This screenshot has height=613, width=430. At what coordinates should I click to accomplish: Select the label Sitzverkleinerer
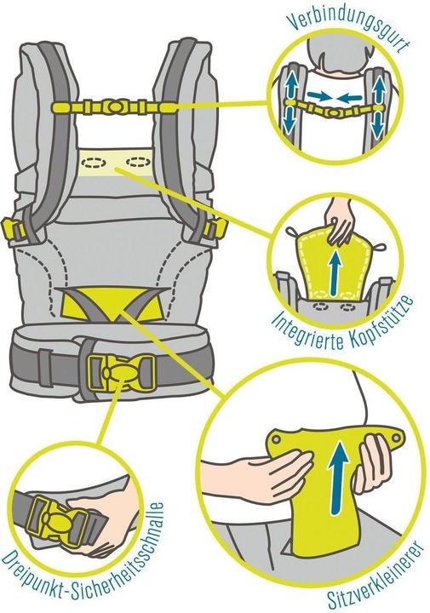[x=376, y=575]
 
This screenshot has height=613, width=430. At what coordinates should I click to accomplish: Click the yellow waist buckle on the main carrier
[x=121, y=372]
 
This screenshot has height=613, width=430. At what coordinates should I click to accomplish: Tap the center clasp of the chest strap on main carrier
[x=114, y=106]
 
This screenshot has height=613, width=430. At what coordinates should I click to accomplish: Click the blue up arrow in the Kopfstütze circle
[x=335, y=272]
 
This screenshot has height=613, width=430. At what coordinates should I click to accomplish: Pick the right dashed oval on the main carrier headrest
[x=138, y=161]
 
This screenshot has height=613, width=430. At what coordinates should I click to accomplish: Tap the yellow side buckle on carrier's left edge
[x=10, y=230]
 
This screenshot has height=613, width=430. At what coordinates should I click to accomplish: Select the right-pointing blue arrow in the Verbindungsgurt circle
[x=317, y=95]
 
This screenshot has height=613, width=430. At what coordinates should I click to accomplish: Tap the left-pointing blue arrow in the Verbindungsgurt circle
[x=349, y=95]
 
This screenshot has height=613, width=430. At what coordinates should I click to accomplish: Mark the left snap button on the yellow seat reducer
[x=277, y=438]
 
